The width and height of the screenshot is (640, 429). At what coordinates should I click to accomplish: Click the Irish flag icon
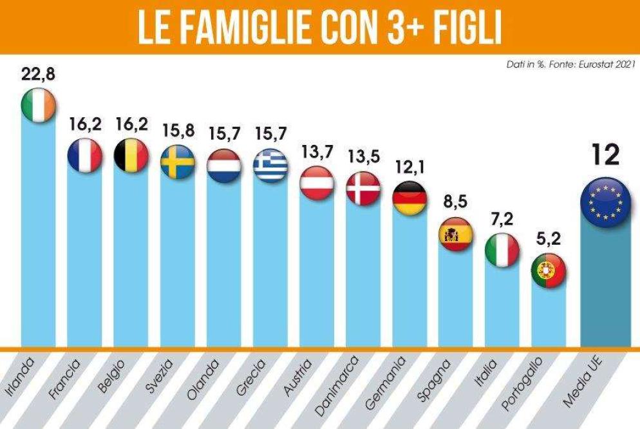click(x=39, y=106)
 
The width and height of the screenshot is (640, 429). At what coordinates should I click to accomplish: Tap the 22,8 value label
click(x=39, y=74)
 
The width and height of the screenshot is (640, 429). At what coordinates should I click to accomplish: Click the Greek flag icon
click(x=270, y=166)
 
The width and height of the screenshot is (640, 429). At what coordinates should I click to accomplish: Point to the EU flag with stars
click(x=606, y=200)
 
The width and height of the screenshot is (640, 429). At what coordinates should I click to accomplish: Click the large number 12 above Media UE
click(x=605, y=155)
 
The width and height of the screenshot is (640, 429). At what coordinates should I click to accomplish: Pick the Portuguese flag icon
click(x=549, y=271)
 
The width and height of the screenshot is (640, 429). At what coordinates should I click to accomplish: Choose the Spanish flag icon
click(x=456, y=234)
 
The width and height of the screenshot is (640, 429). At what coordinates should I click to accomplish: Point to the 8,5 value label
click(x=456, y=202)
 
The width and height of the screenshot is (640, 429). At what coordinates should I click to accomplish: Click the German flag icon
click(x=409, y=198)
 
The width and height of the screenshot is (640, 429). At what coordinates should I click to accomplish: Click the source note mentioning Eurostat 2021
click(x=572, y=64)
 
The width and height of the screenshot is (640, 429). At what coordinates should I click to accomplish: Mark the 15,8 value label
click(x=178, y=130)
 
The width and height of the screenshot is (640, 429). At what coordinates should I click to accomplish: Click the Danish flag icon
click(x=363, y=189)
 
